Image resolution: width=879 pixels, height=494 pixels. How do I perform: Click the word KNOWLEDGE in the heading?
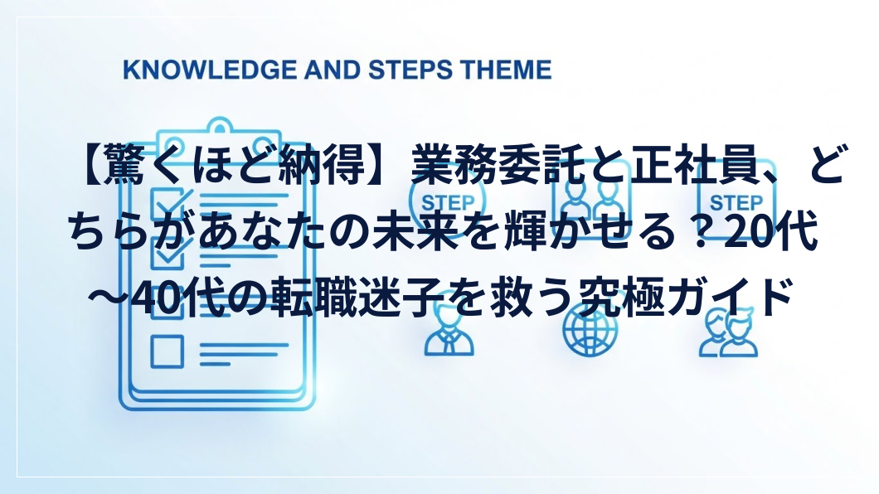[211, 70]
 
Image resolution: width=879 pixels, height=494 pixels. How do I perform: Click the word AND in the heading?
[333, 70]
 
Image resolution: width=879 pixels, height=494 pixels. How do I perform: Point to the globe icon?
[589, 331]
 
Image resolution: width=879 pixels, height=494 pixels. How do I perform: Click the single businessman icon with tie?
[449, 333]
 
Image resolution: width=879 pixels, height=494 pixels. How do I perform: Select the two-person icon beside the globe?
[729, 333]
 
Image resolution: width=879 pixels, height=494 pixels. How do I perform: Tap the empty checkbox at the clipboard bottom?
[167, 351]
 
